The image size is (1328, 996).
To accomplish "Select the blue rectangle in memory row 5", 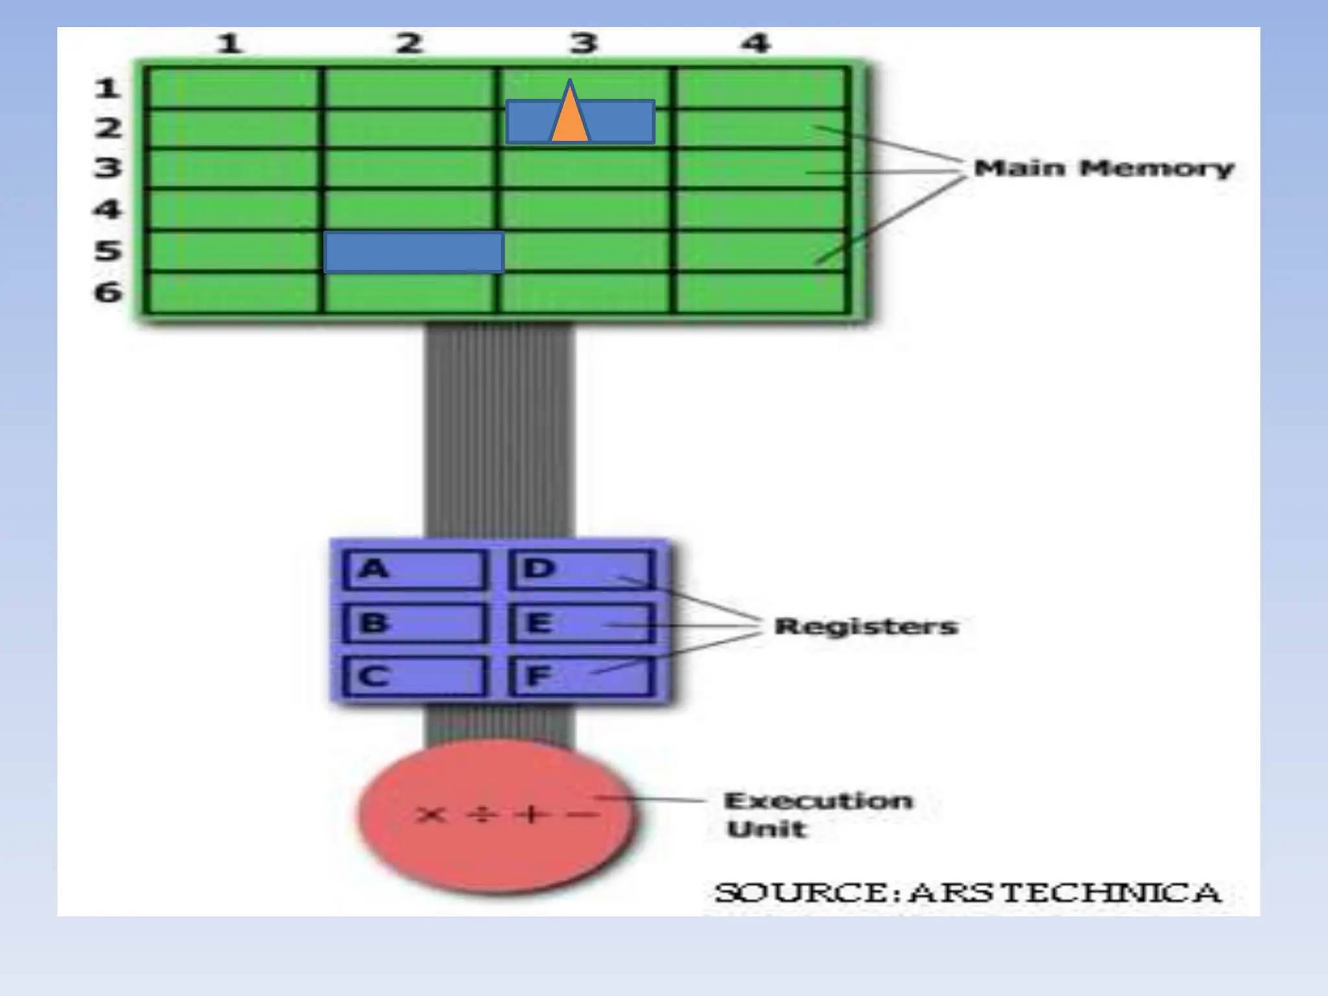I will click(414, 252).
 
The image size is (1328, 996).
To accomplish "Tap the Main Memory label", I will click(1103, 169).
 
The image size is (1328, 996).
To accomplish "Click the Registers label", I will click(866, 626).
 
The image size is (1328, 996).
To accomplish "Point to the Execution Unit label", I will click(817, 814).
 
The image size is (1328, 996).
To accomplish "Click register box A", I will click(414, 570).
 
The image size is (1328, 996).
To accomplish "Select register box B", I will click(414, 623).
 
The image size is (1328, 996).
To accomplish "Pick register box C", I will click(414, 676).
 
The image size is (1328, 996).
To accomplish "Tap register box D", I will click(582, 570).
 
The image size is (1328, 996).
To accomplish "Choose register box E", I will click(582, 623).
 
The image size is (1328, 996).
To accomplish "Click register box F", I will click(582, 676).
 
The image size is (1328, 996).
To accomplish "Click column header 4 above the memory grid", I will click(756, 44).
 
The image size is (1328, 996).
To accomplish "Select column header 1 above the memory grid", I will click(229, 44).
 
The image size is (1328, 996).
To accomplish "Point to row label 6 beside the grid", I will click(108, 292).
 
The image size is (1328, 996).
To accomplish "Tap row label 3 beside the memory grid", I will click(108, 168).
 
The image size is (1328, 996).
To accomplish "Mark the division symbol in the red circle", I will click(481, 814).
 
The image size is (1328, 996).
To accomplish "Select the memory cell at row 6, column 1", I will click(232, 292).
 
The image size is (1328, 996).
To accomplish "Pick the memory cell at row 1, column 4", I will click(759, 88).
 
